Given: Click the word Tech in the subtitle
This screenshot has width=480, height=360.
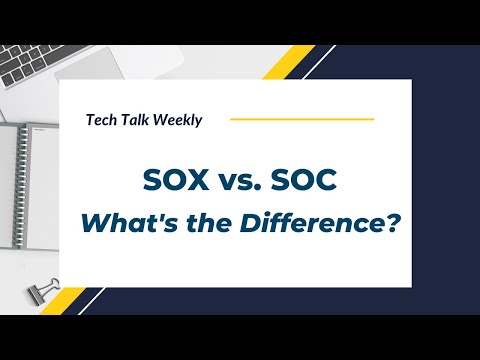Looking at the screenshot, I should pos(102,120).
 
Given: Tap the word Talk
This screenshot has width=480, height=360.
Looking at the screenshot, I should pos(138,120).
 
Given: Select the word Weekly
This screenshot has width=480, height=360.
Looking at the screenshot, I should pos(179,120).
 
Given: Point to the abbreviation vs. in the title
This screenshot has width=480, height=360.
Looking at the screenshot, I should pos(239,181).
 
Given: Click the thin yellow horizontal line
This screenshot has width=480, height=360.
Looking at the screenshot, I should pos(301,119).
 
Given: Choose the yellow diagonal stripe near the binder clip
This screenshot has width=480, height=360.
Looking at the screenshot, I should pos(74,300).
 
